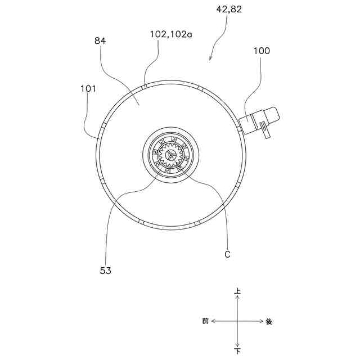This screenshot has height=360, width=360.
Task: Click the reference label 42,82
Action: (229, 10)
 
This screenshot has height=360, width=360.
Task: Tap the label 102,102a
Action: (171, 34)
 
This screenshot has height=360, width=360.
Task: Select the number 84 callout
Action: (100, 41)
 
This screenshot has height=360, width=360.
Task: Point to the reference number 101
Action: (88, 89)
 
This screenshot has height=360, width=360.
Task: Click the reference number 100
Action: (262, 51)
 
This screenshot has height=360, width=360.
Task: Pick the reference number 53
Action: (106, 271)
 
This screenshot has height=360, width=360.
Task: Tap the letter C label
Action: (227, 254)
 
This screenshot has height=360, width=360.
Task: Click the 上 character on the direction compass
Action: (237, 291)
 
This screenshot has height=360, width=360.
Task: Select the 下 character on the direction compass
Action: (237, 351)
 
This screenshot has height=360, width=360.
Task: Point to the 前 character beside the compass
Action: (205, 321)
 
